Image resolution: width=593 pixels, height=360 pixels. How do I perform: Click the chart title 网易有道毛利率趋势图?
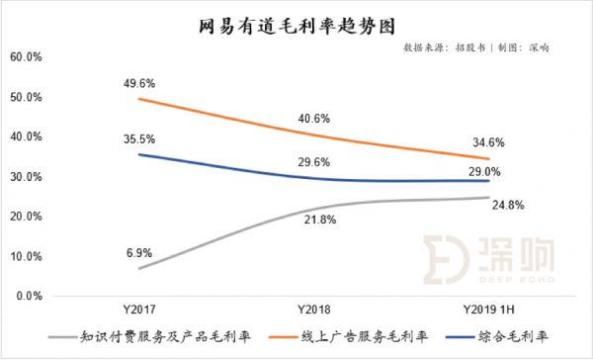(296, 21)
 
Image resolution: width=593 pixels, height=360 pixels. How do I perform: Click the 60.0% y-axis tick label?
(26, 57)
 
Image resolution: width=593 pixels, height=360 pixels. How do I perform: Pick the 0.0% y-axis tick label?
(29, 296)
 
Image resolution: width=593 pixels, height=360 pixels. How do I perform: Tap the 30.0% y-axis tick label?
(26, 177)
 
